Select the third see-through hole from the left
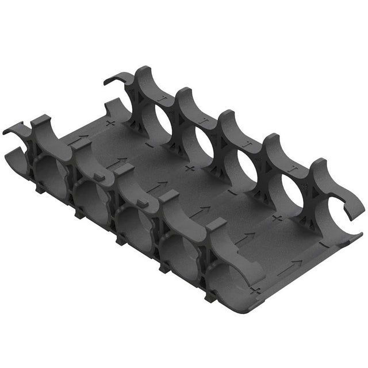coord(248,166)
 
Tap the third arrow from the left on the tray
coord(158,187)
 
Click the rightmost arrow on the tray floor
coord(293,265)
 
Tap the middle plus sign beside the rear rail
coord(190,168)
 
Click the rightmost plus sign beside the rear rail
coord(277,218)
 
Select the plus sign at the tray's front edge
coord(256,289)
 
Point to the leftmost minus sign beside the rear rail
coord(148,145)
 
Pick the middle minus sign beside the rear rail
coord(231,193)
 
